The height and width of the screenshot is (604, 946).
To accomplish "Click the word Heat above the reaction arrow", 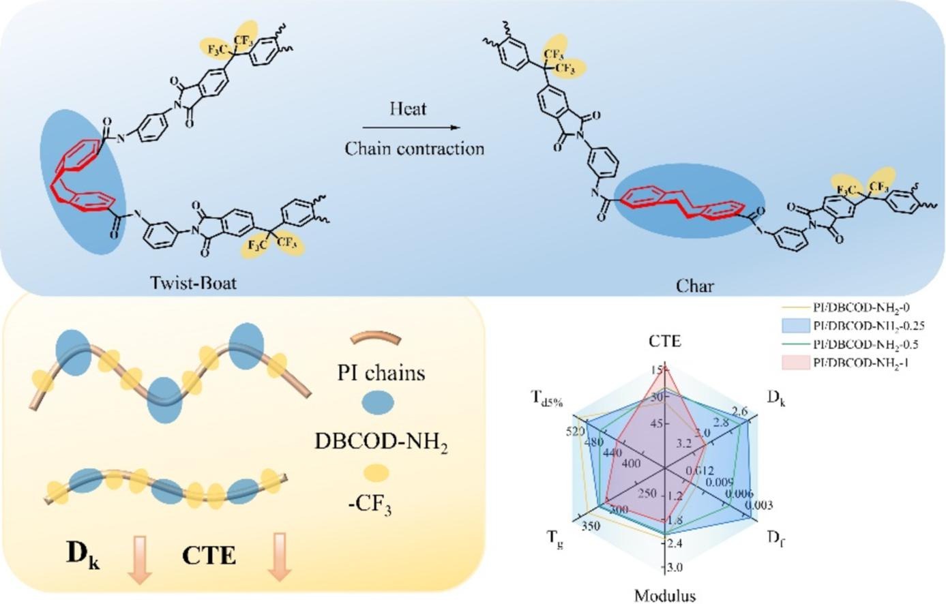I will (x=409, y=108).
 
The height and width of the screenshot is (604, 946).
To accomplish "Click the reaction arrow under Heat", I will (x=408, y=127).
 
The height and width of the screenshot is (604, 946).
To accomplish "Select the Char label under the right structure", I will (x=695, y=286).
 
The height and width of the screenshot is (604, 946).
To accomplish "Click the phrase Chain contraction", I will (x=414, y=149).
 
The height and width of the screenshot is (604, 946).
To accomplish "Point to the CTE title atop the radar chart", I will (x=664, y=341).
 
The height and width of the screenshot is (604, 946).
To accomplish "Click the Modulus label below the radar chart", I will (x=665, y=595).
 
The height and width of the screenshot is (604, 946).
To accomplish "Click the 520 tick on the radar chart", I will (x=575, y=432).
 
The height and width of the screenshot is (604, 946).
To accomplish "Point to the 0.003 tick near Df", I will (x=758, y=505).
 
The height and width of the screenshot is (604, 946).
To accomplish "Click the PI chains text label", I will (x=381, y=373).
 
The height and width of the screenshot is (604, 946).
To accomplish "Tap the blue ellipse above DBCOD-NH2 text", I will (x=376, y=404).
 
